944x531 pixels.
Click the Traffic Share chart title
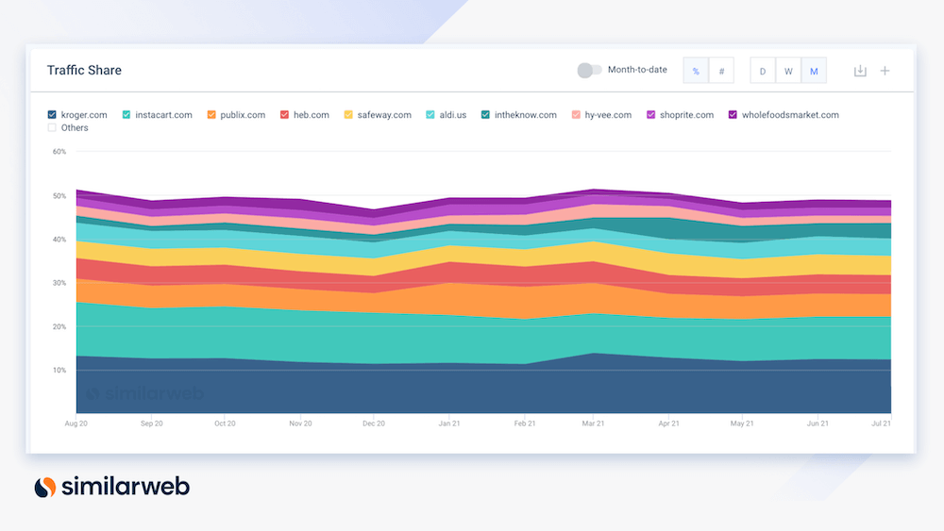pyautogui.click(x=84, y=70)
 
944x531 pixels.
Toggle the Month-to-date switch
pyautogui.click(x=589, y=70)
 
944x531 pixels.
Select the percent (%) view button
pyautogui.click(x=696, y=71)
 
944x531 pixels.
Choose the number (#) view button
pyautogui.click(x=721, y=71)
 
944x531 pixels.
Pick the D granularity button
pyautogui.click(x=763, y=71)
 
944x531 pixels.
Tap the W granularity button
pyautogui.click(x=788, y=71)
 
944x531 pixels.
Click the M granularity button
pyautogui.click(x=813, y=71)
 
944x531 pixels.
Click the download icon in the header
pyautogui.click(x=860, y=71)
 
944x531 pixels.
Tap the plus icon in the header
pyautogui.click(x=885, y=71)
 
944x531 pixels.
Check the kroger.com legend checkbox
pyautogui.click(x=52, y=115)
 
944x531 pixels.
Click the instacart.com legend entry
pyautogui.click(x=162, y=115)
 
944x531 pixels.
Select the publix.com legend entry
pyautogui.click(x=243, y=115)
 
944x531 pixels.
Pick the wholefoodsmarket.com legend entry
pyautogui.click(x=789, y=115)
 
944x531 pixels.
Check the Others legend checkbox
pyautogui.click(x=52, y=127)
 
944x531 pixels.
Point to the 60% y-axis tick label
pyautogui.click(x=59, y=151)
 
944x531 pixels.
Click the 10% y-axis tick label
pyautogui.click(x=59, y=370)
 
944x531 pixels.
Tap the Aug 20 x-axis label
pyautogui.click(x=76, y=424)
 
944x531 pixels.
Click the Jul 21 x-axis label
pyautogui.click(x=881, y=424)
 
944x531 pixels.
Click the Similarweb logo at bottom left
pyautogui.click(x=111, y=487)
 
